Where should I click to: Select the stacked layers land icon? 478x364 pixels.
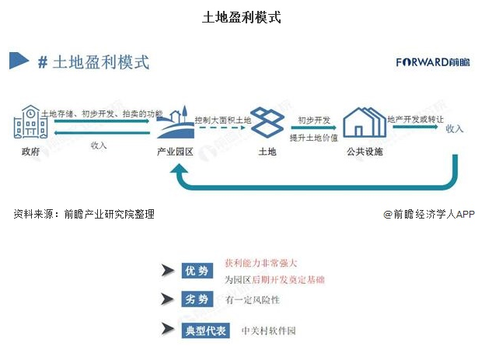tap(267, 122)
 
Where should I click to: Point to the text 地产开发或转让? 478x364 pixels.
tap(416, 119)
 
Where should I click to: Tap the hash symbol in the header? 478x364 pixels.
tap(43, 62)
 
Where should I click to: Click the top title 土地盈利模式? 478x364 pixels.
tap(240, 16)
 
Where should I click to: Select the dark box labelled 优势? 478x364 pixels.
tap(197, 271)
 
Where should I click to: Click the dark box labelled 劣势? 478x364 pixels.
tap(197, 299)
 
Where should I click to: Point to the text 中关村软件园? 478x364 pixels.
tap(269, 331)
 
